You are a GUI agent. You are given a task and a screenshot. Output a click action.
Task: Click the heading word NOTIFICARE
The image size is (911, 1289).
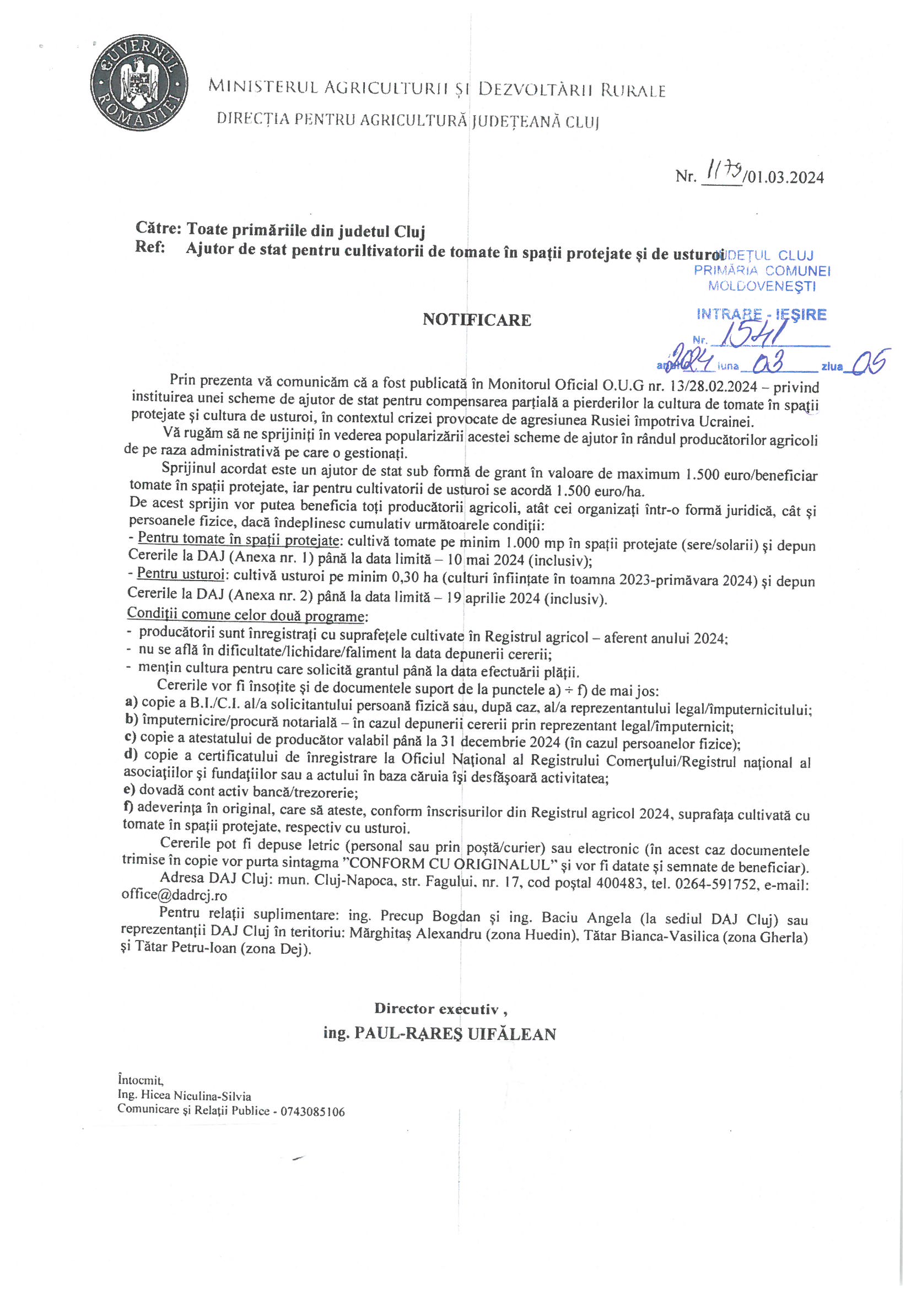point(477,320)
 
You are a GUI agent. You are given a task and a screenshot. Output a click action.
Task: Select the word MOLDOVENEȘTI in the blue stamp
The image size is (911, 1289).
point(762,286)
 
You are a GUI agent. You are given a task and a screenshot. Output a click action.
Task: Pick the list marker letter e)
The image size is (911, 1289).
point(129,792)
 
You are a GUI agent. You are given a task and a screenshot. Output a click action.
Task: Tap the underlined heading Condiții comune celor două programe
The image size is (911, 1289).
point(245,615)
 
